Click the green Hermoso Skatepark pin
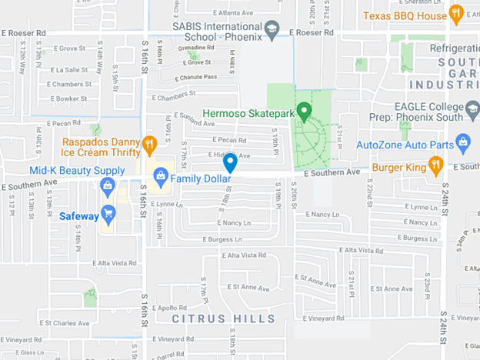304,112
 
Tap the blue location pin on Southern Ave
229,162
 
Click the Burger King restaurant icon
436,163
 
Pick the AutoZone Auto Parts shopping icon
462,141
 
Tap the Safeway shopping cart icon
108,212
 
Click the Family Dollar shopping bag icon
160,176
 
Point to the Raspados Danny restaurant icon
149,143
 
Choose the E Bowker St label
66,98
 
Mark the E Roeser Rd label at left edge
24,33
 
